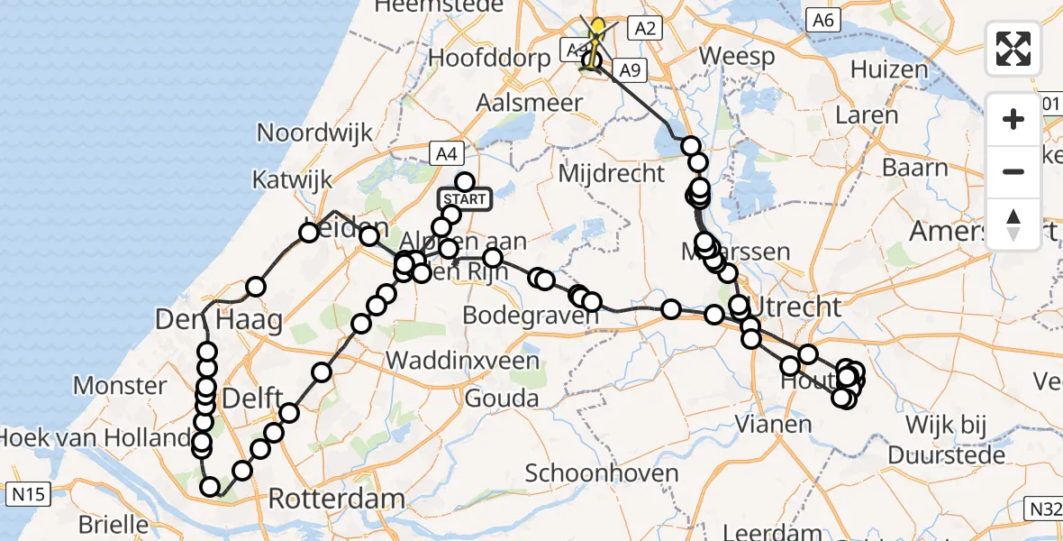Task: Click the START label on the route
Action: click(465, 199)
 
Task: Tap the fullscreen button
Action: click(1013, 49)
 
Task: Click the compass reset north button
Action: click(1013, 225)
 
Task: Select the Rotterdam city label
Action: click(336, 499)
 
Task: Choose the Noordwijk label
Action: click(314, 133)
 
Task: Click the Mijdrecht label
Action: click(612, 173)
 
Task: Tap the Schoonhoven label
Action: click(601, 472)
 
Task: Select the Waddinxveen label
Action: click(463, 361)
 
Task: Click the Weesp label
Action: click(736, 56)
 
